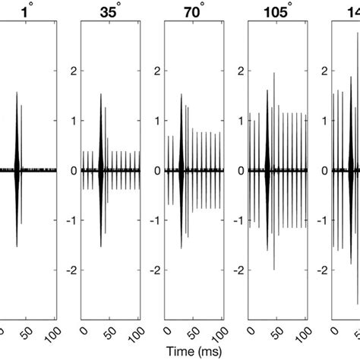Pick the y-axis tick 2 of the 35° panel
74,71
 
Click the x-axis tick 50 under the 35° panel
112,331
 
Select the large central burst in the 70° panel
181,170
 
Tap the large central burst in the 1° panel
17,170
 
